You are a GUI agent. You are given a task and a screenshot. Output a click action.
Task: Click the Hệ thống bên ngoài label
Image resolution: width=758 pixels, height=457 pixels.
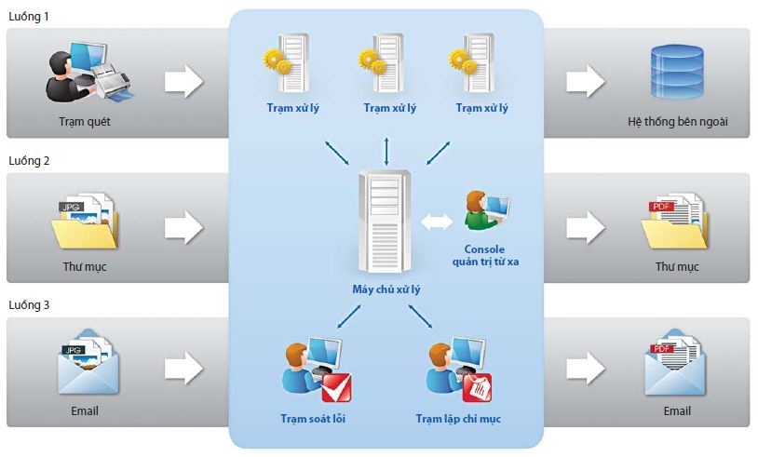[677, 123]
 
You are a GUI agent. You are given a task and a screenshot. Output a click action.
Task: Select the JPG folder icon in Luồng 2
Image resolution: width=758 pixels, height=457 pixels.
[85, 222]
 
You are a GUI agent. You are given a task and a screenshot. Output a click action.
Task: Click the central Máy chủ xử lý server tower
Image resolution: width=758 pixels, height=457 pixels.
[383, 220]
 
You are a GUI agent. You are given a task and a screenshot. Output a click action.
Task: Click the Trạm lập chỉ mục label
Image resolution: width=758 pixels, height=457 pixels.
[458, 419]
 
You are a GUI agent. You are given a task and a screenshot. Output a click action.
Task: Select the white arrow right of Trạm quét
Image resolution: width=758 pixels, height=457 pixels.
[183, 82]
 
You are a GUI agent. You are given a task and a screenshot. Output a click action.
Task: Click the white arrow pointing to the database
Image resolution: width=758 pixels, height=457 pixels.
[585, 82]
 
